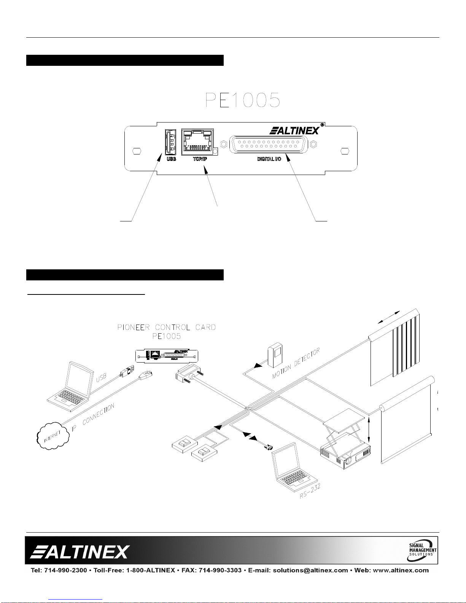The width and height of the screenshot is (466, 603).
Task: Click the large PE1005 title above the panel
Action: point(243,100)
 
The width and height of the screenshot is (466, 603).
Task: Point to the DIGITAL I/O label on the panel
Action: point(269,159)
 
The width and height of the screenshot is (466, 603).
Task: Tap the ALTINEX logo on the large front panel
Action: point(295,131)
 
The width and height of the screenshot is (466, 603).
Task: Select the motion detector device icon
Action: point(276,355)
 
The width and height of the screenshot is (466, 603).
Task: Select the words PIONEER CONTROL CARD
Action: point(167,327)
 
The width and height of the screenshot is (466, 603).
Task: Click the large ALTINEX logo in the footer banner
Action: point(80,551)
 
